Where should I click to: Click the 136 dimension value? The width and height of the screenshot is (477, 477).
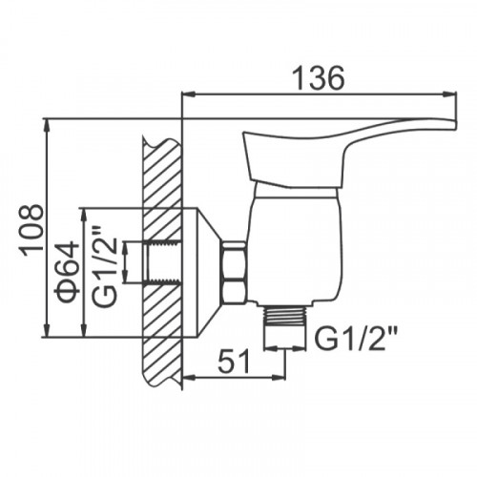[x=319, y=78]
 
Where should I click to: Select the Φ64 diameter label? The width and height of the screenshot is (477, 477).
[x=67, y=273]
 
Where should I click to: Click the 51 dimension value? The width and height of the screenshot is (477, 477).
[x=234, y=362]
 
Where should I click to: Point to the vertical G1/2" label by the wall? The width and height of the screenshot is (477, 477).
[x=104, y=266]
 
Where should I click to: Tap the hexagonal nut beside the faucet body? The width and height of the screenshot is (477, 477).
[x=235, y=272]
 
